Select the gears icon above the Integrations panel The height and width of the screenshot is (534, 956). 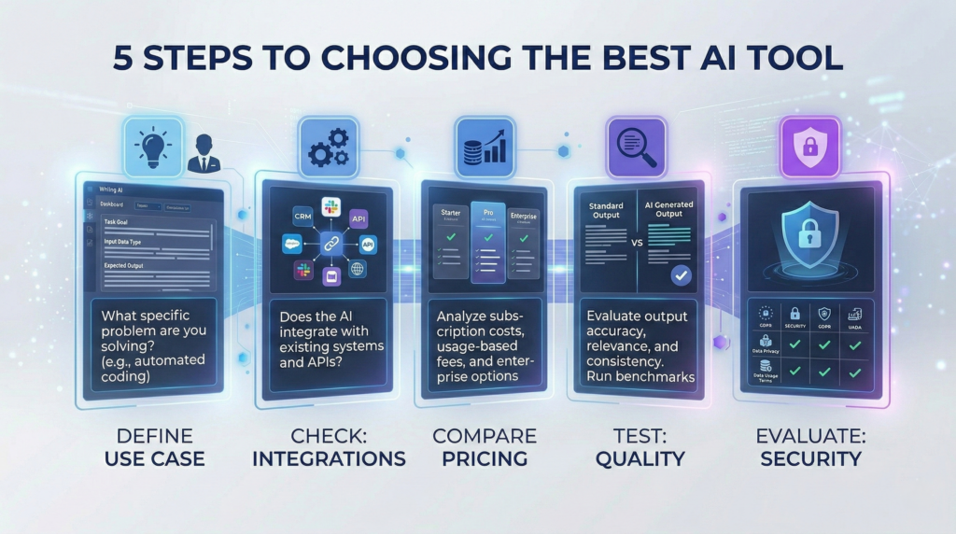pos(328,148)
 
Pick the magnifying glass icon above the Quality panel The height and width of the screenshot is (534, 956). pos(636,148)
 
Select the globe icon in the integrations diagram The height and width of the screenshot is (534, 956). pos(358,268)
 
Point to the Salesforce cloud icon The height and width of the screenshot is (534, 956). pos(292,245)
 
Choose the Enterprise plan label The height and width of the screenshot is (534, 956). pos(524,215)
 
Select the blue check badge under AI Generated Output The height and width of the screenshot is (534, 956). pos(682,275)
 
